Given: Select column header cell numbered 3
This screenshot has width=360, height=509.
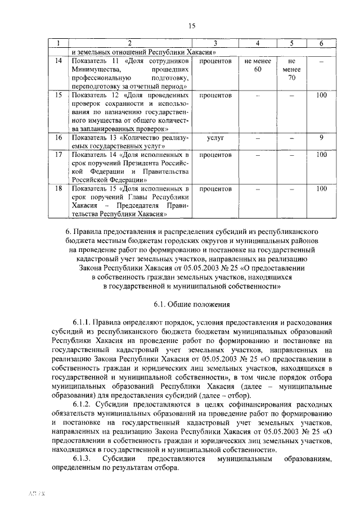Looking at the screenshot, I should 215,43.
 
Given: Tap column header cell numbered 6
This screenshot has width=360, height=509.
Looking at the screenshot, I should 321,43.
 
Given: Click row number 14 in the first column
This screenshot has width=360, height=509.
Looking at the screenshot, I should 58,61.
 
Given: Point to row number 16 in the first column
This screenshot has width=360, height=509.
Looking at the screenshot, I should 58,137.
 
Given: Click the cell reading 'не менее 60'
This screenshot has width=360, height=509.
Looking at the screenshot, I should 258,65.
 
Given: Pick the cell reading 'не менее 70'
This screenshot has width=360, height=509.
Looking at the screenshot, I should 291,69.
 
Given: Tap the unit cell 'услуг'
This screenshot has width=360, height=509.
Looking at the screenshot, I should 215,137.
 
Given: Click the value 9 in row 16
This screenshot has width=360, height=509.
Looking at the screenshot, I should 321,137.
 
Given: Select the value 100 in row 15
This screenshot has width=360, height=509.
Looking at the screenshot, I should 321,95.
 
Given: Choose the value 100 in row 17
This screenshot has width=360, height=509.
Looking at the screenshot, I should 321,154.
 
